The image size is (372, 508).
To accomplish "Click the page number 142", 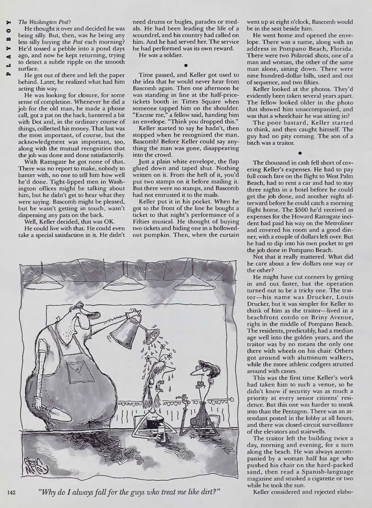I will [12, 492].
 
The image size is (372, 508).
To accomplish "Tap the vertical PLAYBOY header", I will [9, 48].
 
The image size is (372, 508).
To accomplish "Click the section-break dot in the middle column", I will [186, 65].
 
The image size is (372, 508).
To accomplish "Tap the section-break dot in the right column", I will [300, 153].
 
